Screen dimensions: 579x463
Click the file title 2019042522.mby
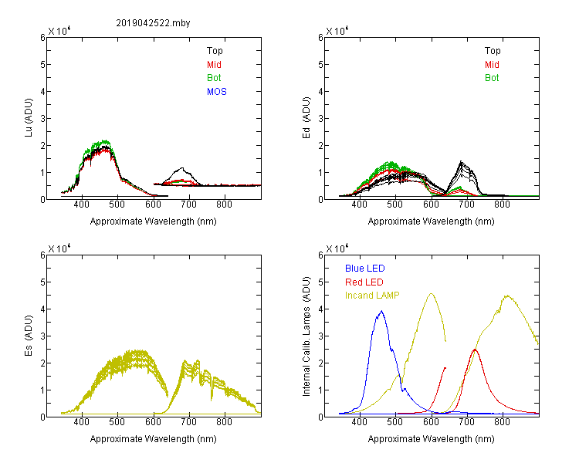coord(153,23)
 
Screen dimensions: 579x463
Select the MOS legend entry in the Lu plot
coord(217,92)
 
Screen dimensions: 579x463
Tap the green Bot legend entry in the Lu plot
coord(214,78)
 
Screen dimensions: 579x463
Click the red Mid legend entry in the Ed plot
coord(492,65)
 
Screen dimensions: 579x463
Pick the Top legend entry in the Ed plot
coord(493,51)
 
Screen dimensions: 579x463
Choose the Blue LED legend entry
coord(365,269)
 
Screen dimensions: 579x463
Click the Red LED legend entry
coord(364,282)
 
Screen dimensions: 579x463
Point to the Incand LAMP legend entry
coord(372,296)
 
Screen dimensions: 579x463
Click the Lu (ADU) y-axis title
coord(29,118)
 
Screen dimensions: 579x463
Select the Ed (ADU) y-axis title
coord(306,118)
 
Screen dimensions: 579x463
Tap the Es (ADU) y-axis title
coord(29,336)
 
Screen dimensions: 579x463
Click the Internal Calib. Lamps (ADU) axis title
coord(306,336)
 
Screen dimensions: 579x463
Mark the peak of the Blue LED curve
coord(381,311)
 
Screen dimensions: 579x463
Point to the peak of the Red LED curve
coord(475,350)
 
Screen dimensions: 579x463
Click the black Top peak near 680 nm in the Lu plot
coord(181,168)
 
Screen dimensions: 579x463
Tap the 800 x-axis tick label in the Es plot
coord(224,422)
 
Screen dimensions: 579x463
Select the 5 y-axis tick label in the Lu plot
coord(42,65)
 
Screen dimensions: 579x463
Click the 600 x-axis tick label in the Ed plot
coord(431,204)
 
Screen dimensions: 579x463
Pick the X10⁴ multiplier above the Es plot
coord(59,248)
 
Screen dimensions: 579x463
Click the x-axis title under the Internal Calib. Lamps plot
coord(431,438)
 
